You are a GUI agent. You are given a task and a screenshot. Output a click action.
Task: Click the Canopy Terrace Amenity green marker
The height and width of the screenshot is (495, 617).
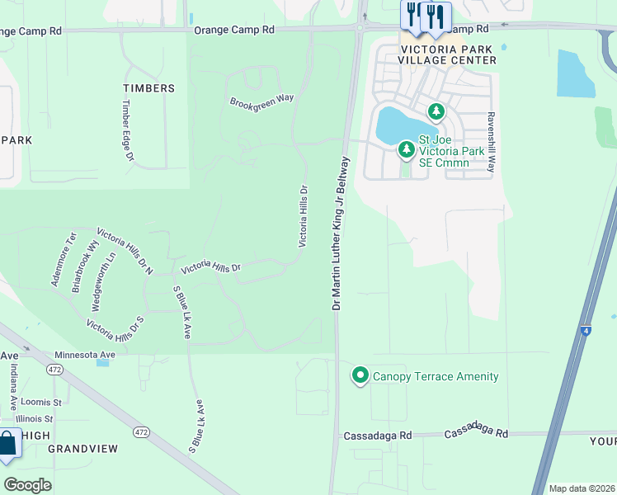360,376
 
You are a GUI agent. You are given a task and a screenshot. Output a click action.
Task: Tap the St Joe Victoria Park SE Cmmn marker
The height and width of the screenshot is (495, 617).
405,149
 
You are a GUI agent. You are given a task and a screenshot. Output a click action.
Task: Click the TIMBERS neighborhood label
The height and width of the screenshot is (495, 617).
148,88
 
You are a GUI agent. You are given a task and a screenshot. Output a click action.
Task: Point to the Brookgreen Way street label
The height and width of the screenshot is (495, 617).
261,99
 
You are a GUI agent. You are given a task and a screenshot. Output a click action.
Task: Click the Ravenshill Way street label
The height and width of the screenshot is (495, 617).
491,142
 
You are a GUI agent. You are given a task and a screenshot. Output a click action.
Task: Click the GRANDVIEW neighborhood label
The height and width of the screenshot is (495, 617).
82,449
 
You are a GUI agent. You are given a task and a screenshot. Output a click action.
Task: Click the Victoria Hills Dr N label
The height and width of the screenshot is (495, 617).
125,251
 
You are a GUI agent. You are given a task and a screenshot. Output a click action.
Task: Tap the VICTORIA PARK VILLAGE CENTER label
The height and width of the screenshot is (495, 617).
447,54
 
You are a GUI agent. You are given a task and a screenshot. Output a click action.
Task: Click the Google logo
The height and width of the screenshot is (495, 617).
28,484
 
